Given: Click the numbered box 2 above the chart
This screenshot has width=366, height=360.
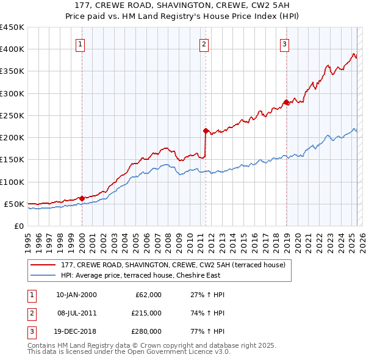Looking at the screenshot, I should (204, 43).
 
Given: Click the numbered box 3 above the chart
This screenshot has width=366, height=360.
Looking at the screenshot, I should (285, 43).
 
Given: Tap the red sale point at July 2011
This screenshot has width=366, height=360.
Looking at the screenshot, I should (206, 131).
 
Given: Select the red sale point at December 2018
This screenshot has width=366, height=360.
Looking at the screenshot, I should (286, 102).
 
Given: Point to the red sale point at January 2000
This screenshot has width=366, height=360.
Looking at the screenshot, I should (82, 198).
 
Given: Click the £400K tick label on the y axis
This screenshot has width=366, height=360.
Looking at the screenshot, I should (12, 49).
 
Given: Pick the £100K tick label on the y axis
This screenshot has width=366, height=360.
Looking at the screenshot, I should (12, 182).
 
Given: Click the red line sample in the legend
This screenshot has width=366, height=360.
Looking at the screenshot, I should (43, 265).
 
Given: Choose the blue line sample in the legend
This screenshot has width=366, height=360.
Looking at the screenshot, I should (43, 275).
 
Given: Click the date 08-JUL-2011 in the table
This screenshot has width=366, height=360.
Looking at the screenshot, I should (76, 313).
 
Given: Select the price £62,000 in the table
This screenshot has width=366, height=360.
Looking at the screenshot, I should (148, 295).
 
